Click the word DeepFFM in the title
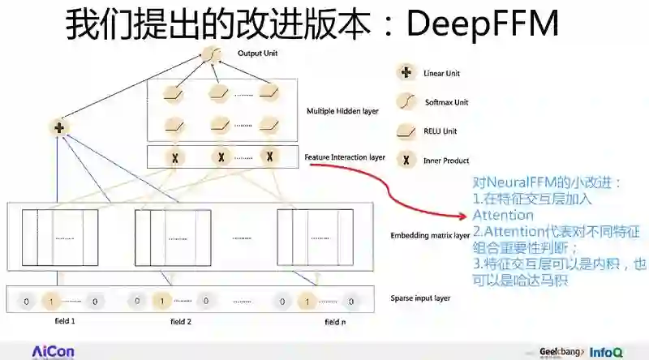coord(482,24)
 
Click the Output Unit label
coord(257,54)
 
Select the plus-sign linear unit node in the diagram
coord(58,128)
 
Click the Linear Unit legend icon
coord(404,74)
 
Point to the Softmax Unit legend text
coord(447,102)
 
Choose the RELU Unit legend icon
coord(404,131)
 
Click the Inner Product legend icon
coord(404,160)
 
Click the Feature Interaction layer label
coord(345,156)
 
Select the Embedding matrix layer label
coord(429,236)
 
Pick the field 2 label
coord(180,322)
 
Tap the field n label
coord(333,322)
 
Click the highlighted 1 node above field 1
coord(50,302)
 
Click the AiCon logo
coord(53,351)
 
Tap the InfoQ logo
coord(606,353)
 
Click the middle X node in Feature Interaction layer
coord(219,156)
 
